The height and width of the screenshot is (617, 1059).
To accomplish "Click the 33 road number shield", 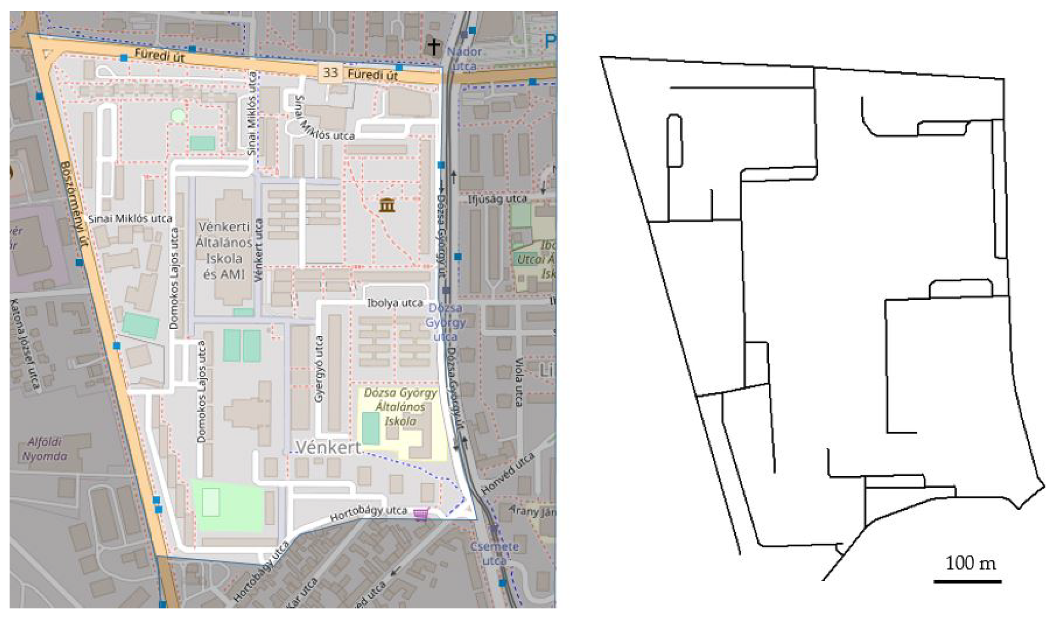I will pyautogui.click(x=330, y=72).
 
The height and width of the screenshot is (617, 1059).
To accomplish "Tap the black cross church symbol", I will pyautogui.click(x=433, y=46).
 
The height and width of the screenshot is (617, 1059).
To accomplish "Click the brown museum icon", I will pyautogui.click(x=387, y=205).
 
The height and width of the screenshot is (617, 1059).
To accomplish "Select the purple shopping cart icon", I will pyautogui.click(x=421, y=513).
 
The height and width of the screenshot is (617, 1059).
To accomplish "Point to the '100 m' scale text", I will pyautogui.click(x=970, y=563).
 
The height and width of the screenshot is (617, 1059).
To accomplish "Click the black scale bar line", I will pyautogui.click(x=967, y=582).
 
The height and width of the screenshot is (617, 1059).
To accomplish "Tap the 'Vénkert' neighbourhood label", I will pyautogui.click(x=328, y=447).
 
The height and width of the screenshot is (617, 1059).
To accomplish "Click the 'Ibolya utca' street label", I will pyautogui.click(x=395, y=303).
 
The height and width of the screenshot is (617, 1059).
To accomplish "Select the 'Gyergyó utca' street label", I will pyautogui.click(x=319, y=369).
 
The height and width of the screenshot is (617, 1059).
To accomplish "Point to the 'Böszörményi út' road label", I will pyautogui.click(x=74, y=203).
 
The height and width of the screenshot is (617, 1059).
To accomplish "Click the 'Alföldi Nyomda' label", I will pyautogui.click(x=44, y=449).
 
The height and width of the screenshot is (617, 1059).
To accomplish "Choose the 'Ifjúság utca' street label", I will pyautogui.click(x=497, y=199).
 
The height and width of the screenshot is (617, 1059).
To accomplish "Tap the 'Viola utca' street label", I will pyautogui.click(x=518, y=382).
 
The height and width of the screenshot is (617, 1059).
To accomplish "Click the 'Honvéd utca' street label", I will pyautogui.click(x=508, y=474).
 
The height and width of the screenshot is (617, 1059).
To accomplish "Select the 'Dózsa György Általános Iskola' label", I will pyautogui.click(x=401, y=406).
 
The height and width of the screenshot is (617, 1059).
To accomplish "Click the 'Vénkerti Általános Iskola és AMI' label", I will pyautogui.click(x=224, y=250).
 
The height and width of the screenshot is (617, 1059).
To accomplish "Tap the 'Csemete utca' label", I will pyautogui.click(x=494, y=553).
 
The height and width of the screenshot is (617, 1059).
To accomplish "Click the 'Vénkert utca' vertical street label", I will pyautogui.click(x=259, y=250).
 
